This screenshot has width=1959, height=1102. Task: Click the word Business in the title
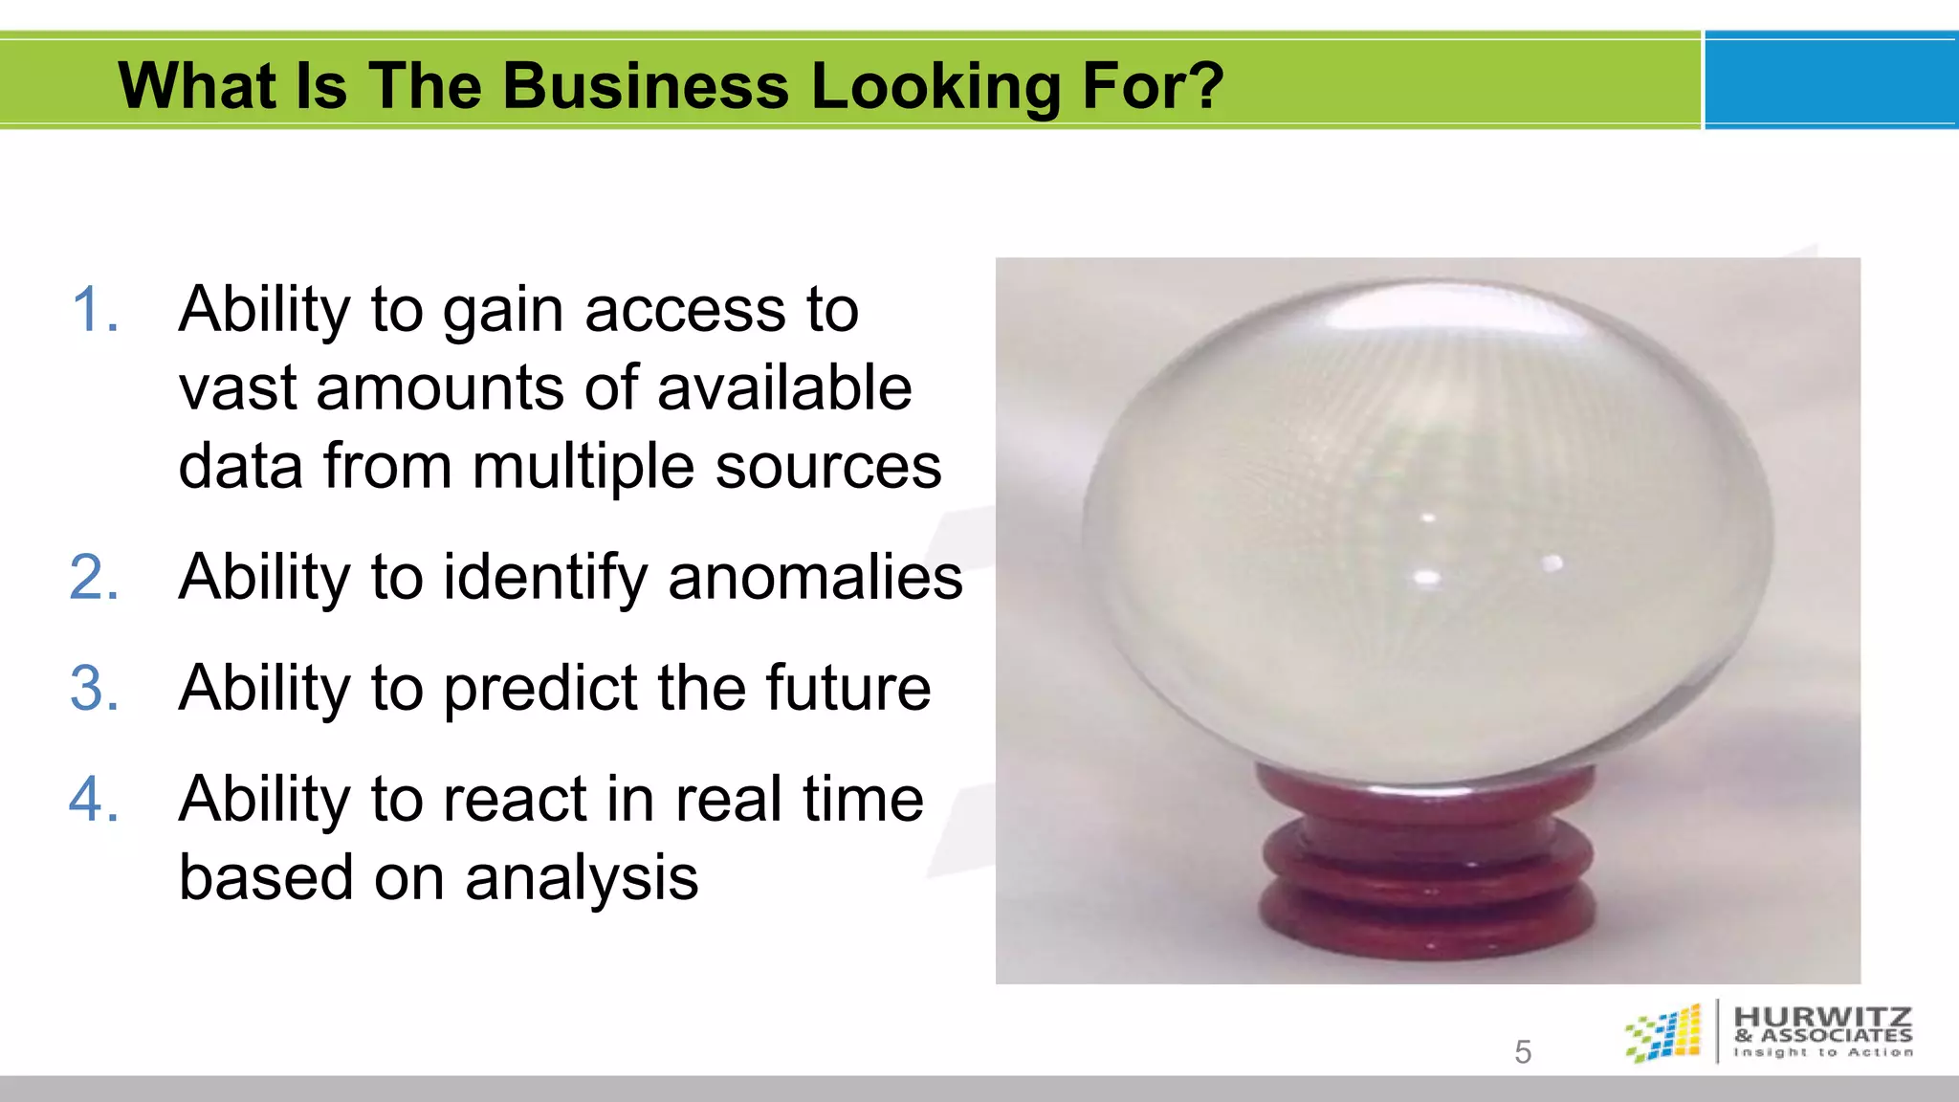[646, 86]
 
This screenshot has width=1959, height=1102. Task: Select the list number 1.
[94, 310]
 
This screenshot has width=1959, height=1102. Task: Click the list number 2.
[94, 577]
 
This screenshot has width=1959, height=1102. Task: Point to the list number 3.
[94, 688]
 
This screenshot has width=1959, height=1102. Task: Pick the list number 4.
[94, 799]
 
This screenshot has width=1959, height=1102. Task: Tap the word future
[847, 688]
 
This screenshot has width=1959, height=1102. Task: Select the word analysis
[582, 878]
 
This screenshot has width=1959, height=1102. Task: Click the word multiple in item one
[583, 468]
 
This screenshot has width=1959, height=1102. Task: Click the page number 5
[1523, 1052]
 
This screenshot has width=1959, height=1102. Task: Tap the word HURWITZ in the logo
[1823, 1016]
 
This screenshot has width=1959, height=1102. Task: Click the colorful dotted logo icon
[1664, 1033]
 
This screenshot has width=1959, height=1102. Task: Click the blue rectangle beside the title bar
[1831, 80]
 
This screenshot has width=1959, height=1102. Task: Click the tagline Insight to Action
[1823, 1052]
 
